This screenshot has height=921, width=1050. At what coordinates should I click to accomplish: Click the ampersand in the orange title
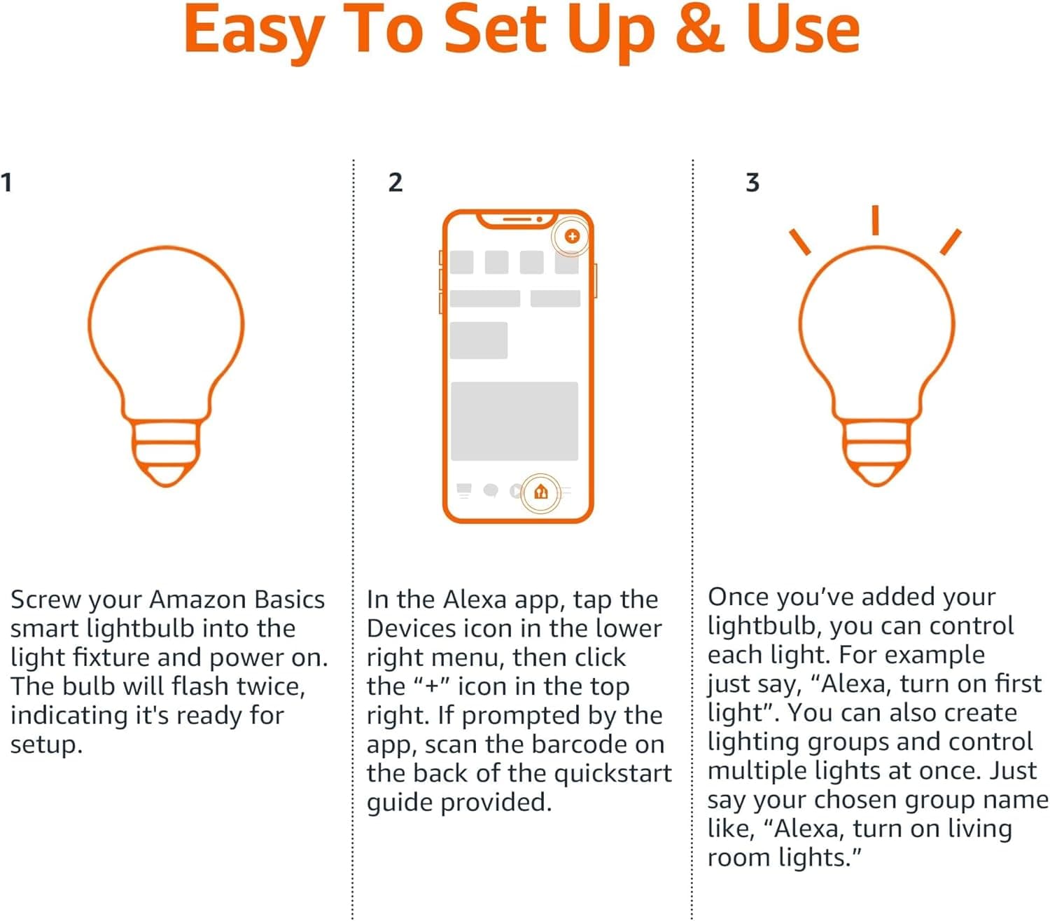[700, 29]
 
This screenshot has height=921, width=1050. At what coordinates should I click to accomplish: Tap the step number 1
[6, 183]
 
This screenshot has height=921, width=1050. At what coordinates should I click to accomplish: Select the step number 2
[395, 183]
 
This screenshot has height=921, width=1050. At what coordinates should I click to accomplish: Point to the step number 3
[752, 183]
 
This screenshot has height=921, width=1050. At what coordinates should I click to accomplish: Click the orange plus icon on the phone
[572, 236]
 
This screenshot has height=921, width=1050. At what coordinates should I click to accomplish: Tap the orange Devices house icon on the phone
[540, 492]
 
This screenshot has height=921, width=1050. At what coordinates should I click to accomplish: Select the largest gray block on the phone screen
[514, 421]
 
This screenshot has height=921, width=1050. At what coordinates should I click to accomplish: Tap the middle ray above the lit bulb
[875, 220]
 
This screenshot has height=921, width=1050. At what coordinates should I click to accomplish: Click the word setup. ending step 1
[46, 745]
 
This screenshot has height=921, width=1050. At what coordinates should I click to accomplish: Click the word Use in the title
[803, 29]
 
